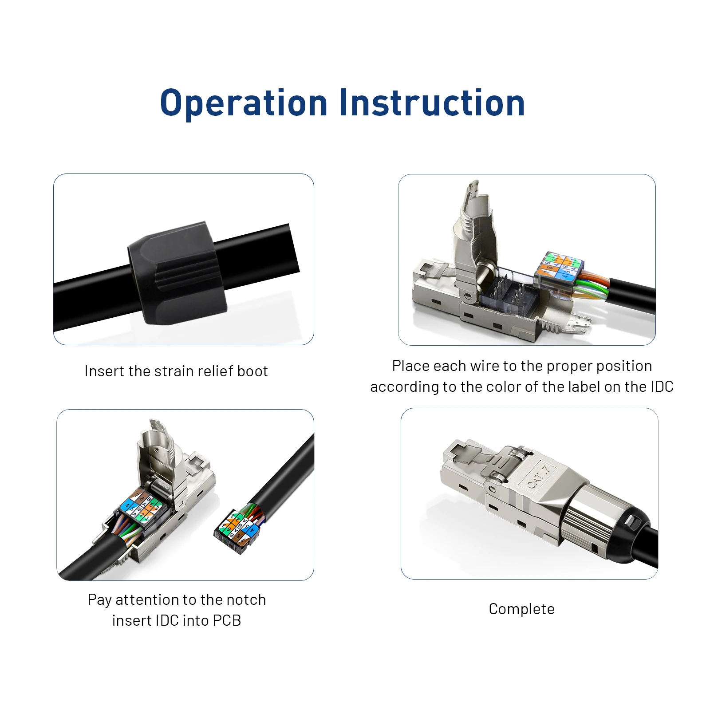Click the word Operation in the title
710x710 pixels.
[x=244, y=103]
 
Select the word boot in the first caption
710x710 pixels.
[x=252, y=371]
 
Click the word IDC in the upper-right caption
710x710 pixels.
[x=662, y=387]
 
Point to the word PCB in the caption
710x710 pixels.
[x=227, y=620]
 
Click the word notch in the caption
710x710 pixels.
[x=246, y=600]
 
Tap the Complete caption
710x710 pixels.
[x=521, y=609]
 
